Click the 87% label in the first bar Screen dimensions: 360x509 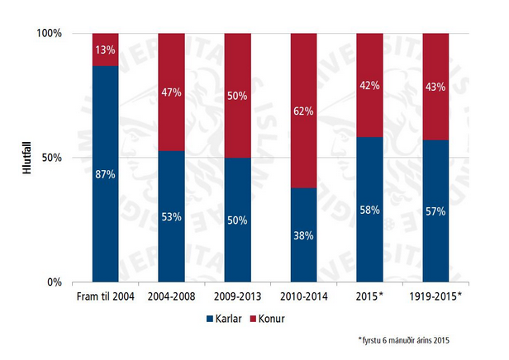pos(105,174)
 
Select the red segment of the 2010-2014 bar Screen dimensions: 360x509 pos(302,111)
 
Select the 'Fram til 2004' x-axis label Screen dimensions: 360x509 pos(105,295)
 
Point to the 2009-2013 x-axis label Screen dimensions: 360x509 pos(237,295)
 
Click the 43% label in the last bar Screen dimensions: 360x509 pos(435,86)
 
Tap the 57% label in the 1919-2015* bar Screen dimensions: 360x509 pos(435,211)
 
